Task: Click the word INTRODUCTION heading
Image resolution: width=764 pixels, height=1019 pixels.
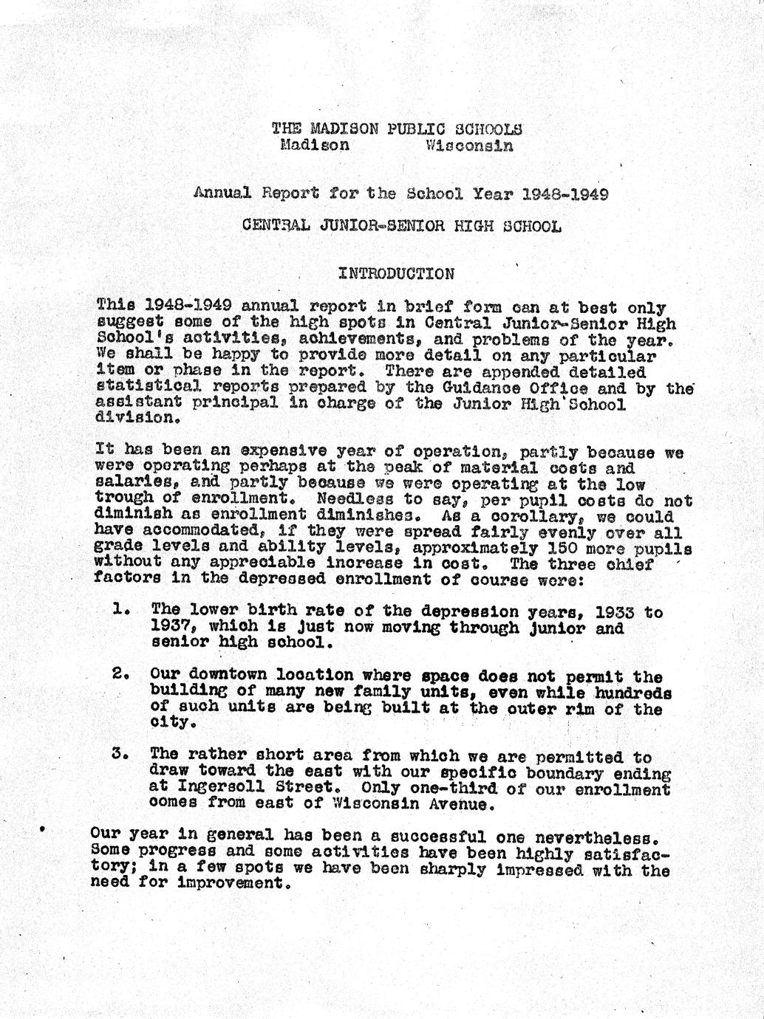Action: pos(396,274)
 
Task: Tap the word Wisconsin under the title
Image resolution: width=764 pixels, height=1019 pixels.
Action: pos(469,145)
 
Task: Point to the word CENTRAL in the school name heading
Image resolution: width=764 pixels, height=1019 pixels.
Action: pos(276,226)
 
